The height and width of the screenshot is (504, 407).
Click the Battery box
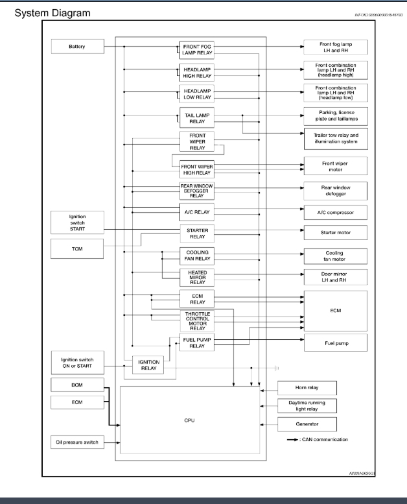point(76,47)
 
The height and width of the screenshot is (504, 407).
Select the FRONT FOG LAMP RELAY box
point(196,50)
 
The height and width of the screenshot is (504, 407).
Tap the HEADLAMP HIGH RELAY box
point(196,72)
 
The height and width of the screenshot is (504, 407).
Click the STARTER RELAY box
point(196,233)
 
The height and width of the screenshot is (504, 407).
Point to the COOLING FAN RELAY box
point(196,255)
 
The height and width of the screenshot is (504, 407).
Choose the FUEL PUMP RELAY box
point(196,342)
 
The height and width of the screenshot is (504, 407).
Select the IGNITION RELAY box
point(148,366)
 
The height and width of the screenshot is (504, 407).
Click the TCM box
point(76,247)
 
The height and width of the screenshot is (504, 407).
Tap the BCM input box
point(76,385)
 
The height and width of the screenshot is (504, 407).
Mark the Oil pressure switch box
point(76,442)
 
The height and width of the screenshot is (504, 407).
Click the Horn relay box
point(307,388)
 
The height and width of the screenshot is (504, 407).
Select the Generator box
point(307,424)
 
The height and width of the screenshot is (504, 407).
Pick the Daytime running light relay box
point(307,406)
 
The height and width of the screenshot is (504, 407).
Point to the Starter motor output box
point(334,232)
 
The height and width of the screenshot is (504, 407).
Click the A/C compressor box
point(334,211)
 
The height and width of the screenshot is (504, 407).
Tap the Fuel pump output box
point(334,342)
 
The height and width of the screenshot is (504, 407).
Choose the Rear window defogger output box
point(334,190)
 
